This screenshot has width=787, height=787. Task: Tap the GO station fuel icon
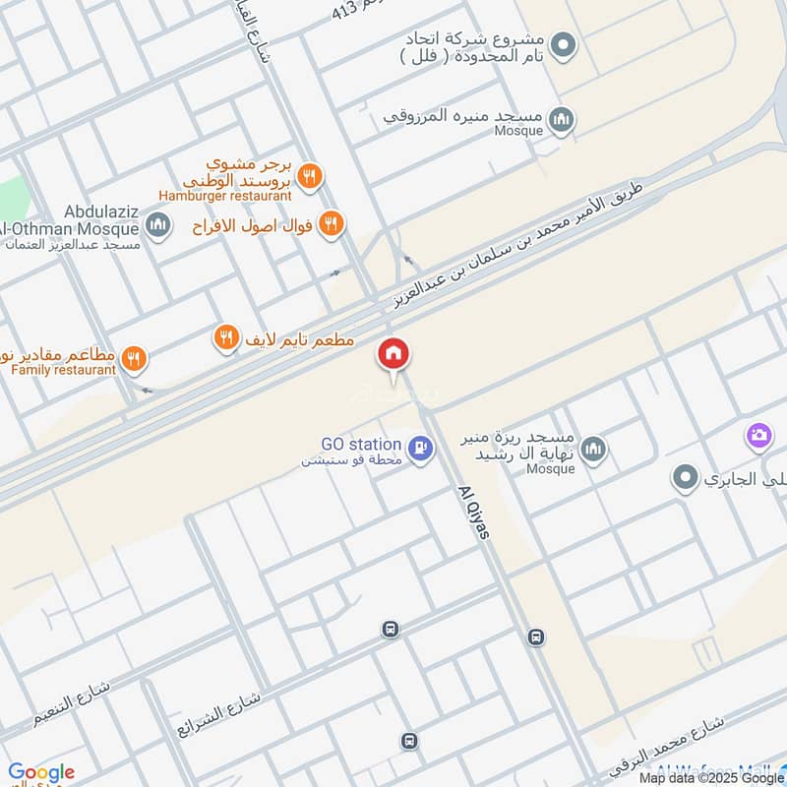[x=422, y=449]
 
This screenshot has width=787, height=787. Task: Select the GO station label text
[x=360, y=445]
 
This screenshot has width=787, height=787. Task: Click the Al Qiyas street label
[x=475, y=512]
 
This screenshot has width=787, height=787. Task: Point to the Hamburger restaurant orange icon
[x=311, y=176]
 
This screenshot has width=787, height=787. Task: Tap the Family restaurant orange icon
[x=136, y=360]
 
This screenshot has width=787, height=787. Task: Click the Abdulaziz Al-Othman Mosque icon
[x=157, y=227]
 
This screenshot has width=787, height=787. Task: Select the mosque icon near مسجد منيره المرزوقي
[x=562, y=121]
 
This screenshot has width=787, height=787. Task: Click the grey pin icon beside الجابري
[x=686, y=479]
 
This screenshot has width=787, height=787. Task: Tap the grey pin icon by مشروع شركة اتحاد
[x=562, y=45]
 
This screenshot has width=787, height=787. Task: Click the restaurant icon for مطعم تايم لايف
[x=227, y=339]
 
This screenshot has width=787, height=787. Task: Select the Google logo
[x=41, y=773]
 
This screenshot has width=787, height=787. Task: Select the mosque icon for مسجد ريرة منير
[x=592, y=452]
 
